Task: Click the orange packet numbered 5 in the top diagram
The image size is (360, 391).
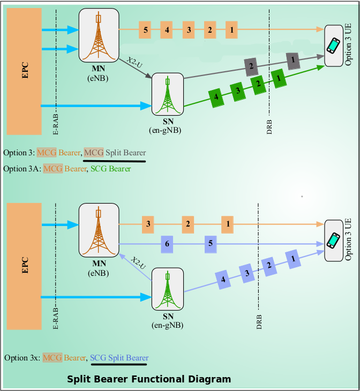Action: [146, 29]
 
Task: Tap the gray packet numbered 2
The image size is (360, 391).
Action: [250, 66]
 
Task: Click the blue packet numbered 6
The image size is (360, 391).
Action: [167, 244]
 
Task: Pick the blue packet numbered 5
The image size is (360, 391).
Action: [211, 244]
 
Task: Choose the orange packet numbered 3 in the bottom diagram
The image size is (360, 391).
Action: [148, 223]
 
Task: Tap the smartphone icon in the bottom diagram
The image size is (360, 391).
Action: [334, 240]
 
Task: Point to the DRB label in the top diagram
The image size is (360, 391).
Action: [269, 123]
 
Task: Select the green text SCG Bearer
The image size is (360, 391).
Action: [111, 169]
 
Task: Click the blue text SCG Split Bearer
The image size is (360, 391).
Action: [119, 357]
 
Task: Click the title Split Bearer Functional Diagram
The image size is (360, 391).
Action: [149, 379]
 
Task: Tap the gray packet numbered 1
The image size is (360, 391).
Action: [293, 61]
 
